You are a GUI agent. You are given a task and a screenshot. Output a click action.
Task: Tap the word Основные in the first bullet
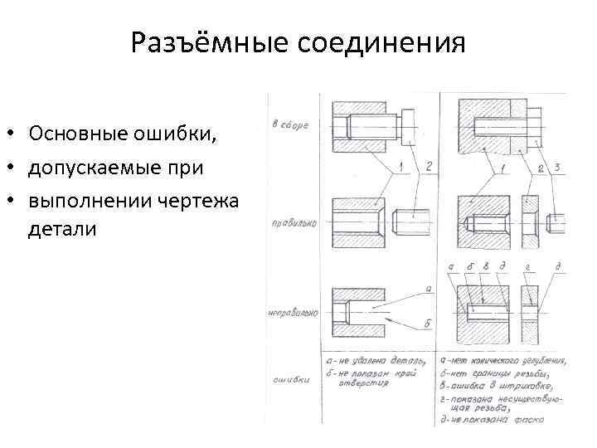[75, 134]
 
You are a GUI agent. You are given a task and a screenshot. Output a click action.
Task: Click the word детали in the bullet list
[62, 229]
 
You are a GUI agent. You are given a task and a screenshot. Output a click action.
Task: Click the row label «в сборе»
[290, 125]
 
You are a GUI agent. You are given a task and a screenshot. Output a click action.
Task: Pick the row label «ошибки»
[291, 381]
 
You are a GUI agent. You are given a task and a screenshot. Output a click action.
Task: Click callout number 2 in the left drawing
[429, 168]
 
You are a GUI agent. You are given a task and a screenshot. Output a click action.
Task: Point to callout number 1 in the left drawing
[401, 168]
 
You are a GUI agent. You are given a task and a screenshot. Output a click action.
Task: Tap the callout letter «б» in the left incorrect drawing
[428, 323]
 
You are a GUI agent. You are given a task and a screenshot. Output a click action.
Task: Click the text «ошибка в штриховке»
[498, 387]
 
